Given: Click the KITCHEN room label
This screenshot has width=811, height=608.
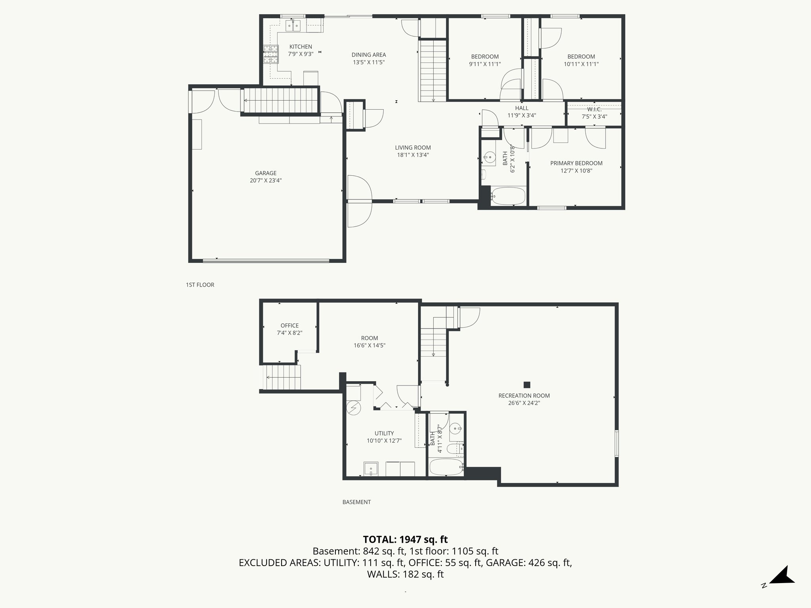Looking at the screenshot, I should [x=301, y=47].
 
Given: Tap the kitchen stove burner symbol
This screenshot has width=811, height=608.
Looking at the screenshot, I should [x=271, y=55].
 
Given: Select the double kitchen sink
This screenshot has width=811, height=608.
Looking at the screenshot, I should [x=293, y=26].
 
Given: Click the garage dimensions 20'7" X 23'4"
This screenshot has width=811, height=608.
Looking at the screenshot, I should [x=265, y=180].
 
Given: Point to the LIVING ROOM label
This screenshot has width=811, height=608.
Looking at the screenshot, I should [x=413, y=148].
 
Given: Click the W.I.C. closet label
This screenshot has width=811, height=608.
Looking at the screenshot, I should [x=594, y=109].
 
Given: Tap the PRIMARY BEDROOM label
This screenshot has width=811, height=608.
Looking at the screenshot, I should [x=576, y=163].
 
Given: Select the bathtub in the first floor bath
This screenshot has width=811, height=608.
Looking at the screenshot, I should [x=508, y=196].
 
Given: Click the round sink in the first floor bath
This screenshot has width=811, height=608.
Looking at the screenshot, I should [x=490, y=158].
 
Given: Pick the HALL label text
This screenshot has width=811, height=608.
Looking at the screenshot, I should [x=522, y=108].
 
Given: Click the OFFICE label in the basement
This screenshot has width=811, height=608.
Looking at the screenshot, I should [x=289, y=326].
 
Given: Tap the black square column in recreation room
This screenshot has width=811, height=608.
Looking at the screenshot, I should [x=527, y=384].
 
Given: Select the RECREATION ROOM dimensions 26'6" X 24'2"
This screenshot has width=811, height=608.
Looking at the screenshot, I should [x=524, y=403].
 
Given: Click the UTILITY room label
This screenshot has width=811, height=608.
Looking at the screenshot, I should [x=384, y=433].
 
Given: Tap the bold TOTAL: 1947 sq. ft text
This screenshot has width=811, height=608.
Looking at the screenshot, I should [x=405, y=540].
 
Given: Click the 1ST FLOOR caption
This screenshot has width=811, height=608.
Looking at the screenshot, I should [x=200, y=285].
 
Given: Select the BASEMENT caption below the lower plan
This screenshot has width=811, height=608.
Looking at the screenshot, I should [x=356, y=502].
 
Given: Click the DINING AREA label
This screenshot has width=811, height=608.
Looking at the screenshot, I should [x=368, y=55].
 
